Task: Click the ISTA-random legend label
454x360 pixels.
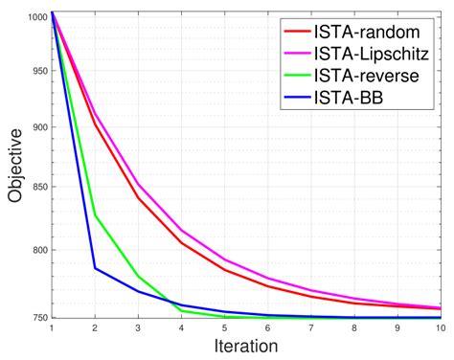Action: [367, 31]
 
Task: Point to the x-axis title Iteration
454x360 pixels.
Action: [246, 346]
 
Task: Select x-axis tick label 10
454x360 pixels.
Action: [440, 328]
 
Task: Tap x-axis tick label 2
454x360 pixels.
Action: [94, 328]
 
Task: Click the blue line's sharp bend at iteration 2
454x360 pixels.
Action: [94, 267]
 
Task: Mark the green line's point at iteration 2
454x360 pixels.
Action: [94, 215]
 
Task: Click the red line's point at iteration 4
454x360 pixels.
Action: [181, 242]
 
